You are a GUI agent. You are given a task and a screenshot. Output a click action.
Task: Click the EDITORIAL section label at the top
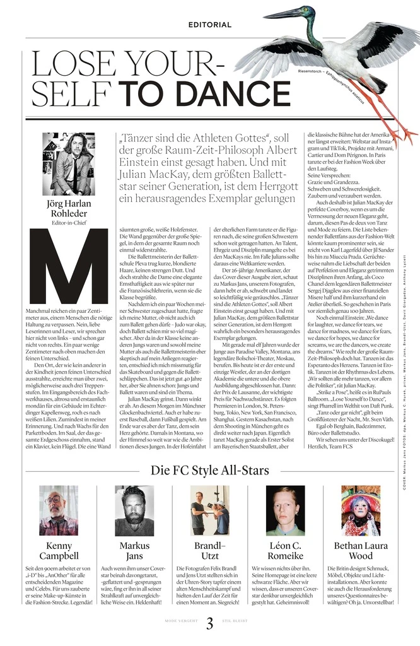click(210, 25)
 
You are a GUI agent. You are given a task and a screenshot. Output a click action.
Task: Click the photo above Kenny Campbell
click(59, 510)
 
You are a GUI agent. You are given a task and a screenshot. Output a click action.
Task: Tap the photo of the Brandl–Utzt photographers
click(210, 510)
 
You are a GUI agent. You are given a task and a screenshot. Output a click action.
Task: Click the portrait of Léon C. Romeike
click(285, 510)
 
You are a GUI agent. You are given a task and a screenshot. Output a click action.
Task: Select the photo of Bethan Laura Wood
click(361, 510)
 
